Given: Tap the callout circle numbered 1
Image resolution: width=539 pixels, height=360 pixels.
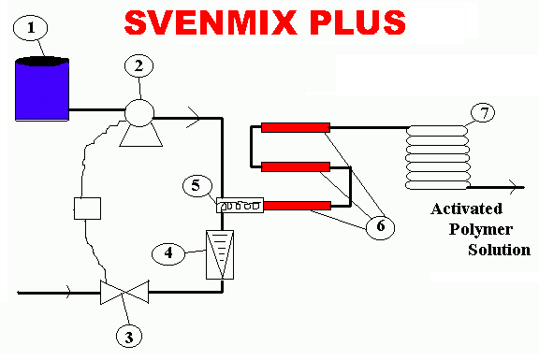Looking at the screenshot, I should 33,29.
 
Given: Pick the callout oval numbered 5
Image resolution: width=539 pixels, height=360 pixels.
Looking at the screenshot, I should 197,185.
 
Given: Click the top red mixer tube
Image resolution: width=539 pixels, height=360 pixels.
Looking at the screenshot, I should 295,127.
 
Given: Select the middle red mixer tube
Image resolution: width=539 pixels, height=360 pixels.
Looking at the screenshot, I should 295,166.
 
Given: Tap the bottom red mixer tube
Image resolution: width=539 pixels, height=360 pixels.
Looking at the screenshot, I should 295,205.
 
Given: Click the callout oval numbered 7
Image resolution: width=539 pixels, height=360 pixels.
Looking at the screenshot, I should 483,113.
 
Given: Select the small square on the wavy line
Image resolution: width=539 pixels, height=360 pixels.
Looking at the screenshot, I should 87,208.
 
